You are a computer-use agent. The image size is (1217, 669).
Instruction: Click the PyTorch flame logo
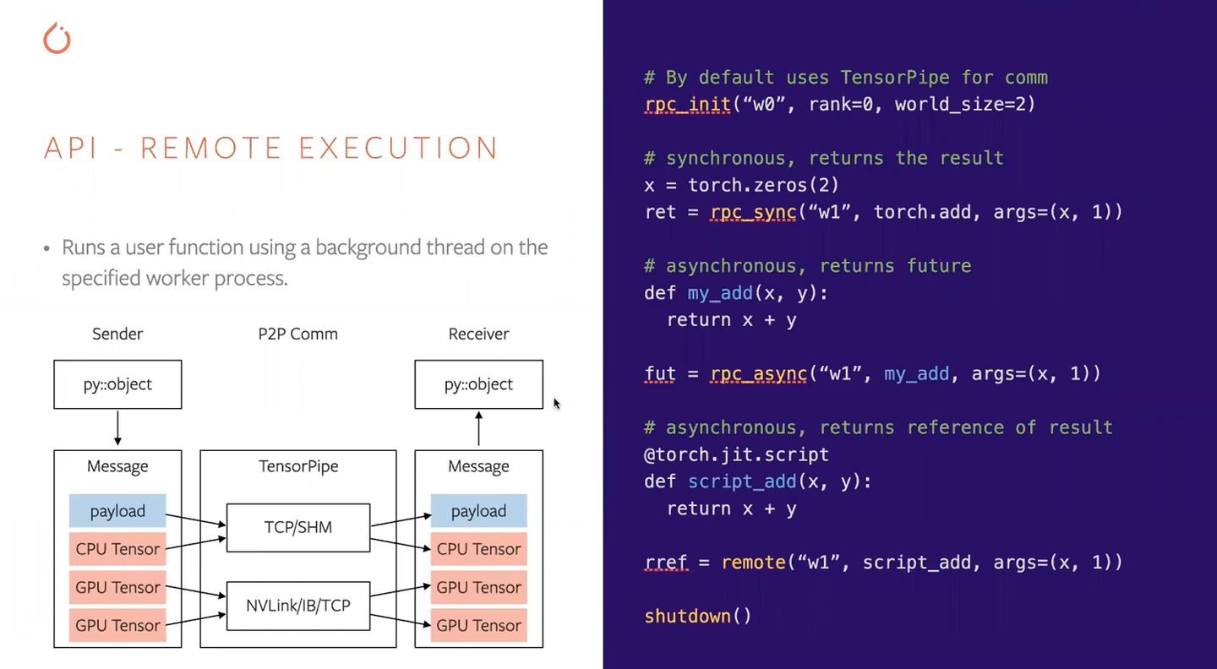pyautogui.click(x=57, y=39)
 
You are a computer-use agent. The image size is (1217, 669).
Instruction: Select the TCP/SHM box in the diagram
pyautogui.click(x=298, y=527)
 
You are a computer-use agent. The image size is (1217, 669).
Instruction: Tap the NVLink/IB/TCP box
pyautogui.click(x=298, y=605)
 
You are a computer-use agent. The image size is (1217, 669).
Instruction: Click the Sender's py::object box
pyautogui.click(x=117, y=384)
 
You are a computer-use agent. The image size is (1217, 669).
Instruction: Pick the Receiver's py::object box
pyautogui.click(x=478, y=384)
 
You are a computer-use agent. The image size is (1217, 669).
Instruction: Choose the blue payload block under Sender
pyautogui.click(x=117, y=511)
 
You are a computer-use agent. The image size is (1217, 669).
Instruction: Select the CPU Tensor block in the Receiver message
pyautogui.click(x=478, y=549)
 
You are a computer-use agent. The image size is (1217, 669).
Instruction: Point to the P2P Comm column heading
pyautogui.click(x=297, y=334)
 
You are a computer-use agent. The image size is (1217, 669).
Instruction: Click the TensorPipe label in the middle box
pyautogui.click(x=298, y=466)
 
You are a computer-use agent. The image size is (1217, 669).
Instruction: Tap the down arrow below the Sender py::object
pyautogui.click(x=117, y=428)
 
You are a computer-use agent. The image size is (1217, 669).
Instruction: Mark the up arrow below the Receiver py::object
pyautogui.click(x=478, y=428)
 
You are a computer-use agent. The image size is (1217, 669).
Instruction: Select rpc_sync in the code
pyautogui.click(x=753, y=212)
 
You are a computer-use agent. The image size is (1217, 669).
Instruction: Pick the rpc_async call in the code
pyautogui.click(x=758, y=373)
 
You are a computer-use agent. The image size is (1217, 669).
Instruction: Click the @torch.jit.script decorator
pyautogui.click(x=736, y=454)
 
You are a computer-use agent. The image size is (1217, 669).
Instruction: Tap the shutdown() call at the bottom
pyautogui.click(x=697, y=616)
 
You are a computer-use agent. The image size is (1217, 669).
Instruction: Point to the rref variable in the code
pyautogui.click(x=666, y=563)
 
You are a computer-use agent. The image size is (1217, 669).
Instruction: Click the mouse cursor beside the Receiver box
pyautogui.click(x=557, y=404)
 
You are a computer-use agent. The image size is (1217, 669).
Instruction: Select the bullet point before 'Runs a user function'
pyautogui.click(x=47, y=248)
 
